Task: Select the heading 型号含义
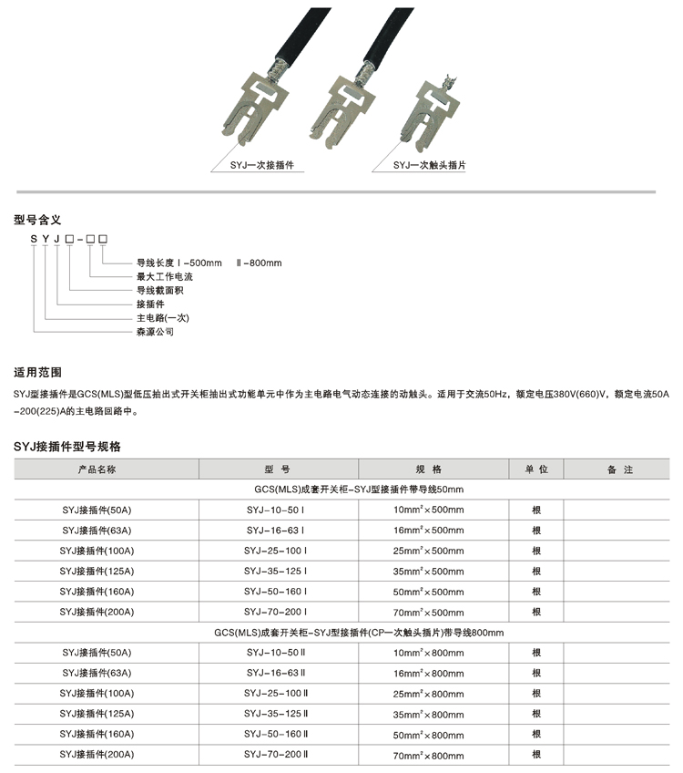click(37, 219)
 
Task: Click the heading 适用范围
click(37, 372)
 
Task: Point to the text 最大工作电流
click(165, 276)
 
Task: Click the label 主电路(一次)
click(162, 318)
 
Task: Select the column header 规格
click(428, 469)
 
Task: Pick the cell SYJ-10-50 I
click(276, 510)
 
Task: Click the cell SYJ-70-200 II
click(277, 755)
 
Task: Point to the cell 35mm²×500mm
click(428, 572)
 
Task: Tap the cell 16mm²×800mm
click(428, 673)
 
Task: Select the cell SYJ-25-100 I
click(276, 551)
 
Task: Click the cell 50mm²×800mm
click(428, 735)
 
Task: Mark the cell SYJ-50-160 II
click(277, 734)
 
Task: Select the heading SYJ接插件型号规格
click(67, 447)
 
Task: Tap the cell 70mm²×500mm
click(428, 612)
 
